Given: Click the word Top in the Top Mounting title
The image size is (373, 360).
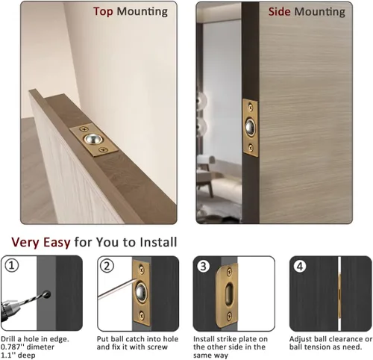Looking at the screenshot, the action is (x=103, y=11).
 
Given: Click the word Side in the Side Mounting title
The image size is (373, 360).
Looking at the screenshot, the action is (x=279, y=12).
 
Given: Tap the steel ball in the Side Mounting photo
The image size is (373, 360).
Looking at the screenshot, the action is (x=251, y=127).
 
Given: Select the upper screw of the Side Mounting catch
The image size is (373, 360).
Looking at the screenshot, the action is (x=251, y=108).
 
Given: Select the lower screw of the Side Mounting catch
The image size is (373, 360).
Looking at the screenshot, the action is (x=251, y=147).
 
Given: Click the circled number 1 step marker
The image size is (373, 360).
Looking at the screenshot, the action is (x=12, y=266).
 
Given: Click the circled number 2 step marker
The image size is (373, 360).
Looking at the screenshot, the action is (x=107, y=266).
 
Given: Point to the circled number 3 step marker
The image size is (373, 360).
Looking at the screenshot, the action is (x=203, y=267).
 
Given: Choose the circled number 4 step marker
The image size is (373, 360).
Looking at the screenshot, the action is (x=300, y=267).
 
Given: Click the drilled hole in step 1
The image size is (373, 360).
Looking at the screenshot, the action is (x=47, y=294).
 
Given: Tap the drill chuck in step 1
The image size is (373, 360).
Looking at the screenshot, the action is (x=9, y=309).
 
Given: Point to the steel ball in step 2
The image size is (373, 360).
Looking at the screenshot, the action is (x=142, y=291).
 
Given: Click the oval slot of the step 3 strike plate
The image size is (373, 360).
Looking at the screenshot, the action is (x=228, y=292).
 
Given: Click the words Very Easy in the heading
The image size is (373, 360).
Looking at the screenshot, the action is (x=41, y=242).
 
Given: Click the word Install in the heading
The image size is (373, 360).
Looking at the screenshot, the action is (x=158, y=242).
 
